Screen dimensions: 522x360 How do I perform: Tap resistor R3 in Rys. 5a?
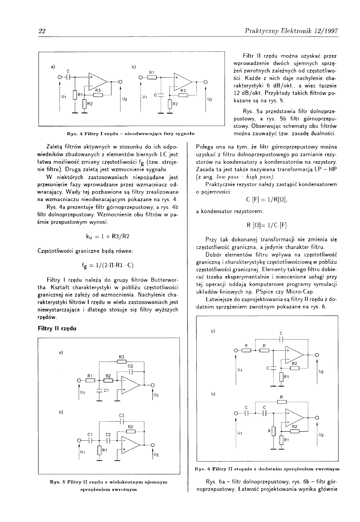(x=121, y=361)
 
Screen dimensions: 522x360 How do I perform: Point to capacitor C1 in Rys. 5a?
(x=99, y=390)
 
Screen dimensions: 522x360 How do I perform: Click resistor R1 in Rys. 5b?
(x=99, y=450)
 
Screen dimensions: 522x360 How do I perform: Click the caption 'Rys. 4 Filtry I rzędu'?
(x=131, y=134)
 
